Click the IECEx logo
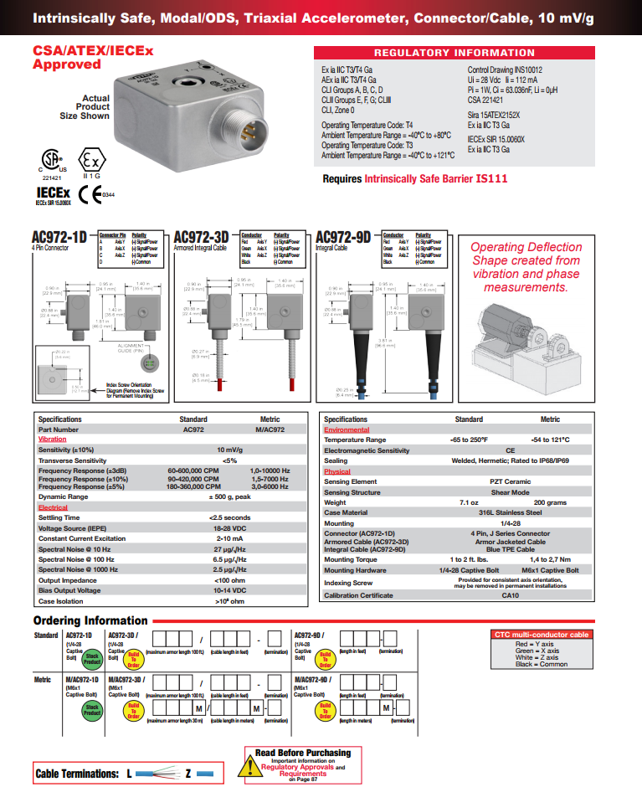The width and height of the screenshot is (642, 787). (53, 193)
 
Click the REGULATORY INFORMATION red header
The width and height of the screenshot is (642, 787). (465, 53)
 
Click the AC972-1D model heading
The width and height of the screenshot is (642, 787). (58, 238)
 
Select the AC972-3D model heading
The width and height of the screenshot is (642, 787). (200, 238)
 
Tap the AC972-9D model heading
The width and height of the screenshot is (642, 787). (341, 238)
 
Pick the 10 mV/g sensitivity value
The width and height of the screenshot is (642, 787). (229, 450)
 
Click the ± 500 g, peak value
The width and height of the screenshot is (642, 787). (229, 496)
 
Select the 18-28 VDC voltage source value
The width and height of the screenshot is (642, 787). (229, 528)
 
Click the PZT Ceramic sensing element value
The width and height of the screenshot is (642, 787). (510, 481)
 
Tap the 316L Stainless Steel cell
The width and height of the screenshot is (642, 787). (510, 512)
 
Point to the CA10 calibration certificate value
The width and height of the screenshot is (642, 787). (510, 595)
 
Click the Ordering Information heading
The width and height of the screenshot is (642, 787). (90, 620)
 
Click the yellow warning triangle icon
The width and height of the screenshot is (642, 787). (249, 764)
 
